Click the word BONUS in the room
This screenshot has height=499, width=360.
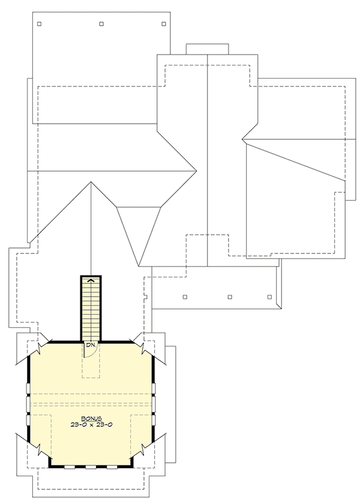[x=92, y=417]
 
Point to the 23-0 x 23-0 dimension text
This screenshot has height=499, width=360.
[x=92, y=424]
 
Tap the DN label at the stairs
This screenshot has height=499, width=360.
[x=90, y=345]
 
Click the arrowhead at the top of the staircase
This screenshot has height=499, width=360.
[x=91, y=280]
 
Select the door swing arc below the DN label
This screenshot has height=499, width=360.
[x=89, y=353]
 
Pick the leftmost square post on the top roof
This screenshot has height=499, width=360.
[x=40, y=24]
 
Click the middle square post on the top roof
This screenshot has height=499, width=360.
[x=101, y=24]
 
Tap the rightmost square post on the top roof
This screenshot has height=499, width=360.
[x=163, y=24]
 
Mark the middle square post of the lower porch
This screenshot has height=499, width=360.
[x=230, y=297]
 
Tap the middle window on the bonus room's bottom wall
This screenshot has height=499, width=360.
[x=91, y=466]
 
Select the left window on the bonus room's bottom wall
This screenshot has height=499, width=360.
[x=70, y=466]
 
